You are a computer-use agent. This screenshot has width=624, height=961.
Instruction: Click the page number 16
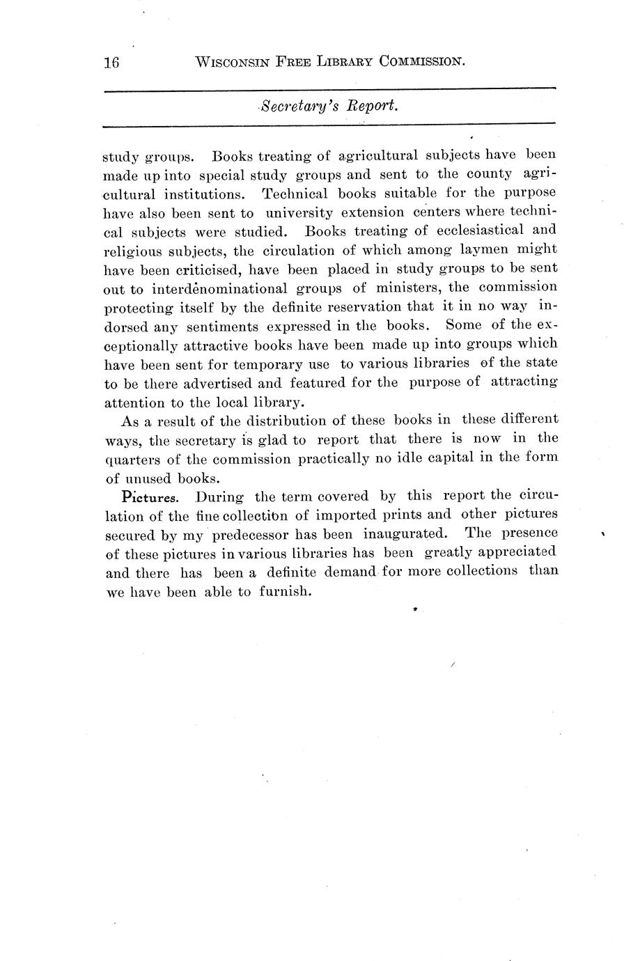pyautogui.click(x=111, y=63)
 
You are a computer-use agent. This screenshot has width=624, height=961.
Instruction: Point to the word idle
pyautogui.click(x=437, y=459)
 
